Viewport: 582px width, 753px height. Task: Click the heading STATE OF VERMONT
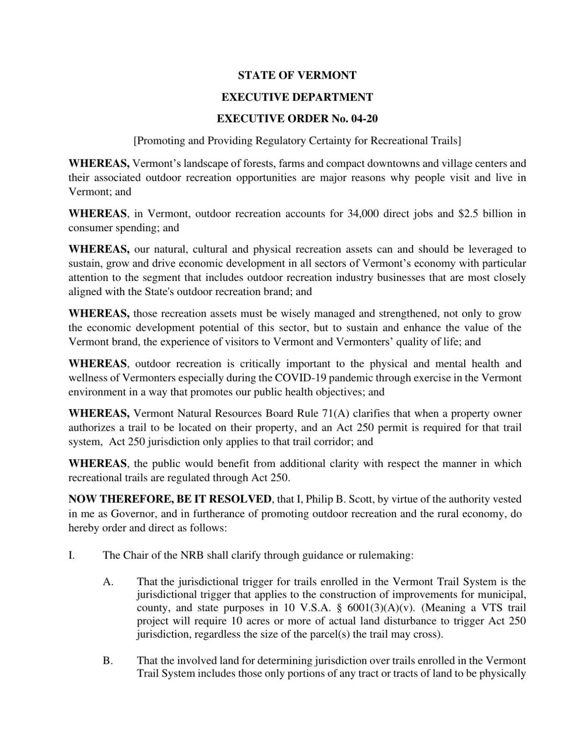click(297, 75)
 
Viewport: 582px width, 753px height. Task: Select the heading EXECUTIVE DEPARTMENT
click(297, 97)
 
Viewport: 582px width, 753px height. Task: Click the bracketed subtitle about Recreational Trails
click(297, 141)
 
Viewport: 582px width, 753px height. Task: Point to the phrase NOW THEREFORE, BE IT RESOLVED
click(170, 499)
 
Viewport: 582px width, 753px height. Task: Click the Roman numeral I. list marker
click(71, 555)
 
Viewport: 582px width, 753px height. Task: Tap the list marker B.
click(108, 661)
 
